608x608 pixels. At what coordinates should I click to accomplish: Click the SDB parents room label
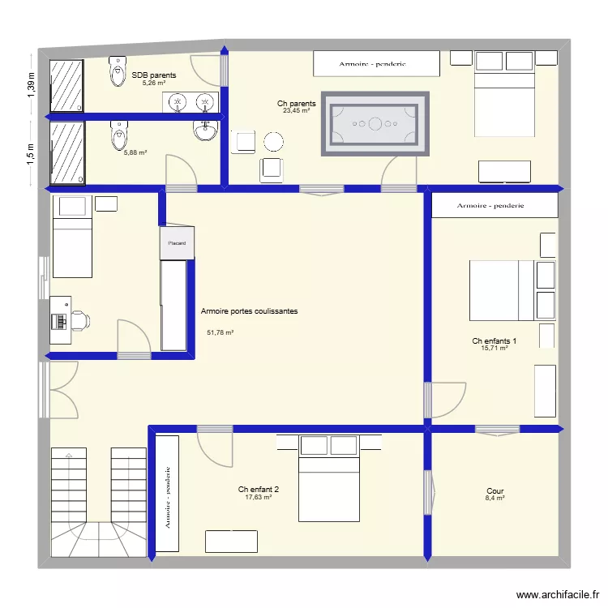(154, 75)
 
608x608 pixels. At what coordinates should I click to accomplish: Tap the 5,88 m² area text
(135, 152)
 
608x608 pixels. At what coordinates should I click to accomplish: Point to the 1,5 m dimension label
(32, 152)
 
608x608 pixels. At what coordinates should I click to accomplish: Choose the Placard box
(176, 243)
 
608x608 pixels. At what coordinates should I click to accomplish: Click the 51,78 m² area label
(220, 332)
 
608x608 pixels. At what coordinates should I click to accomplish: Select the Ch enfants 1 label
(495, 341)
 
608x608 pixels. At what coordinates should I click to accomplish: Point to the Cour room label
(495, 491)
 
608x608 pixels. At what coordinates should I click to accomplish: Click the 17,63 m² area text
(258, 498)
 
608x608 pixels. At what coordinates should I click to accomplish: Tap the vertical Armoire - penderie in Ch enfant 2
(167, 494)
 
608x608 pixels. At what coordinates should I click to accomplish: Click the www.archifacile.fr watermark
(557, 594)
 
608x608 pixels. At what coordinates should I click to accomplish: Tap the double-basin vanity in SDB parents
(193, 102)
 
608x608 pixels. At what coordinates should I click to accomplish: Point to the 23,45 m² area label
(296, 111)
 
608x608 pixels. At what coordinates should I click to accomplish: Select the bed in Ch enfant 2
(329, 478)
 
